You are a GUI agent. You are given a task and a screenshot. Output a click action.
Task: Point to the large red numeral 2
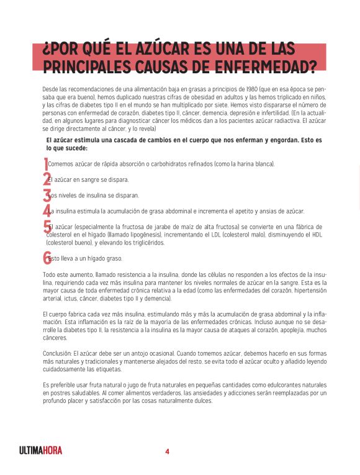click(x=46, y=179)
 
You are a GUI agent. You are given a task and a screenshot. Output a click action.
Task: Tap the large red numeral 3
click(x=46, y=195)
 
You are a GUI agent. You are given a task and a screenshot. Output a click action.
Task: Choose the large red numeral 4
click(x=46, y=210)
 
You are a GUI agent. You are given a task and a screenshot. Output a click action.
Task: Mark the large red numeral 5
click(x=47, y=227)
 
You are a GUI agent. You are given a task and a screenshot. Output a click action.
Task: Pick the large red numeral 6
click(x=47, y=258)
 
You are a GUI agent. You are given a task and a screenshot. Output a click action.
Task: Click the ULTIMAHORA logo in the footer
click(x=41, y=450)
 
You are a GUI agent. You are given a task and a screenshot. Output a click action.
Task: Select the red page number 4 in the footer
click(x=167, y=451)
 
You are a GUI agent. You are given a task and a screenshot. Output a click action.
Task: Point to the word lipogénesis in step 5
click(x=142, y=235)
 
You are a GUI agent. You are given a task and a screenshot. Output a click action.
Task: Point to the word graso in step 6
click(x=114, y=258)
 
